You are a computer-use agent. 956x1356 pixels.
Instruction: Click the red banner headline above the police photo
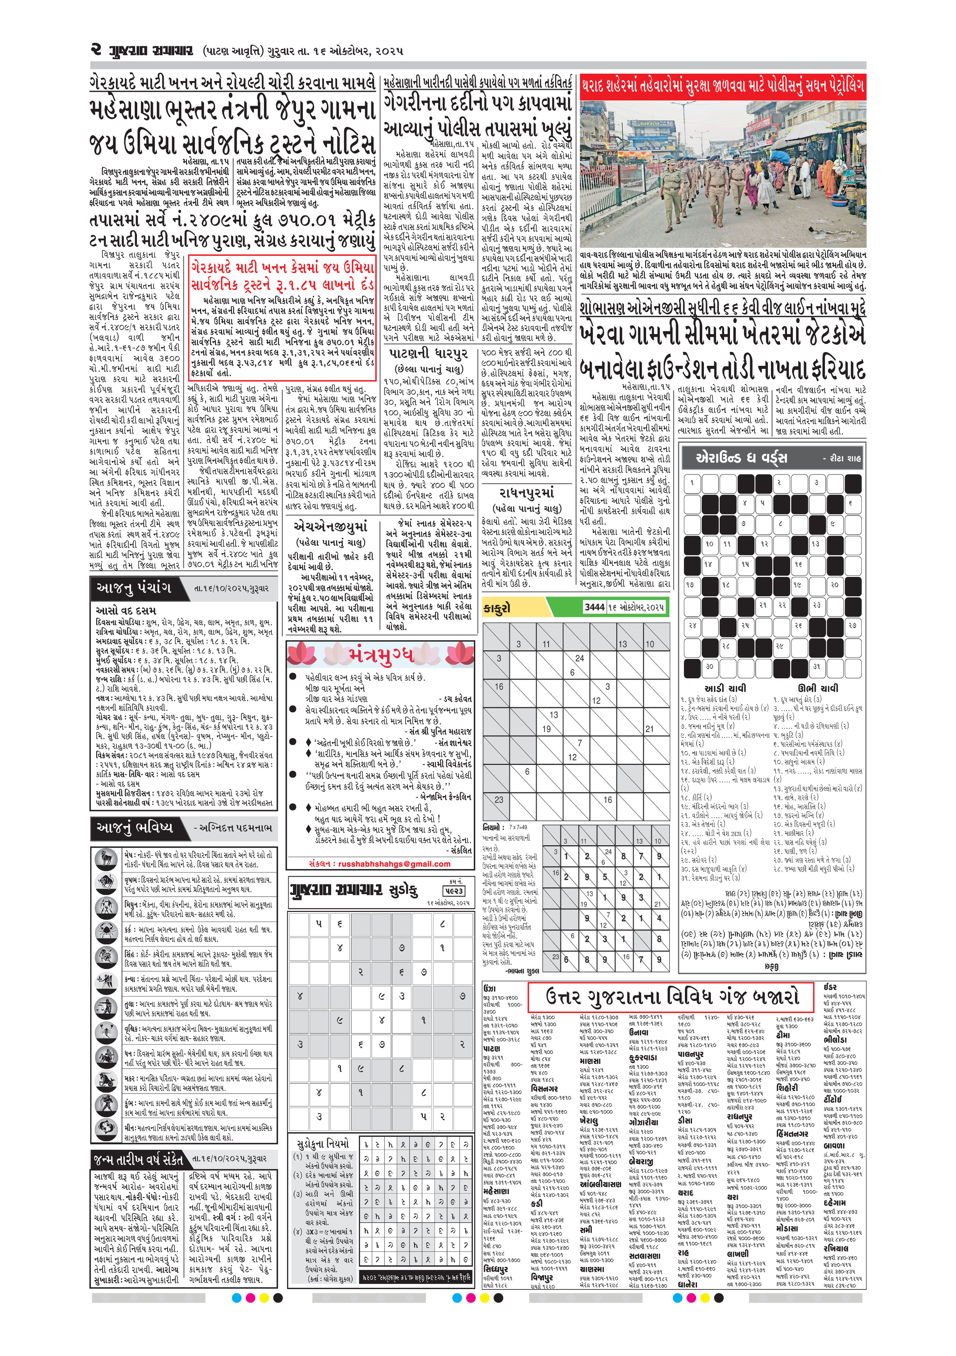tap(722, 86)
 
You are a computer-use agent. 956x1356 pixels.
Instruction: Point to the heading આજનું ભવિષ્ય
tap(135, 827)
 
